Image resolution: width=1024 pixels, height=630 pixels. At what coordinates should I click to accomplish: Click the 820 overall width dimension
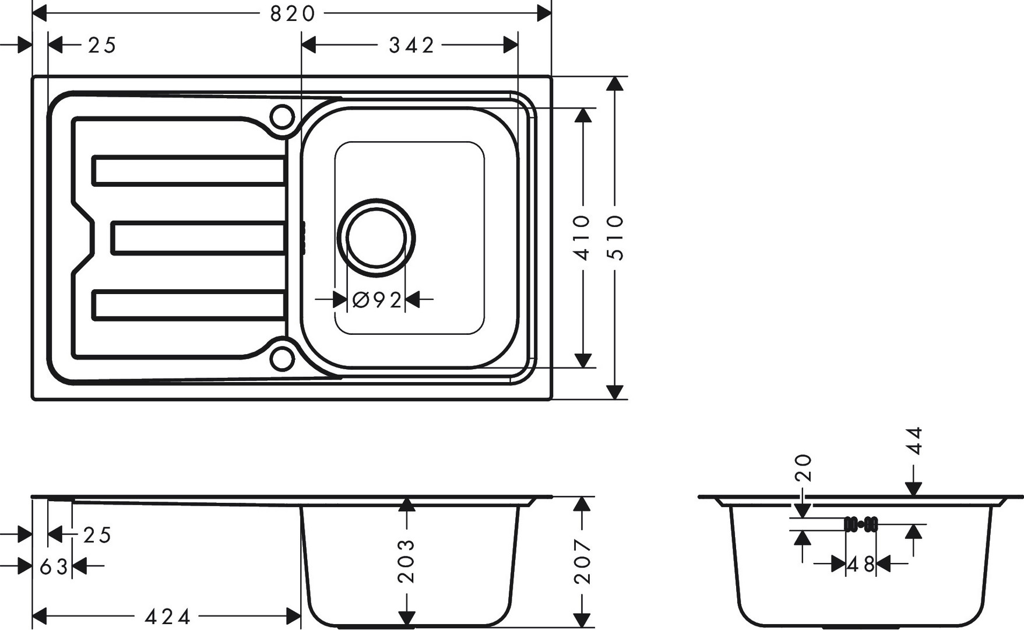click(x=293, y=13)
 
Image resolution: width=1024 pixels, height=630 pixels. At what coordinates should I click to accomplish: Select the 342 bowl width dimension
click(x=411, y=45)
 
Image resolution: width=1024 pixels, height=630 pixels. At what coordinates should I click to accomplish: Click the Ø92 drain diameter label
click(x=378, y=300)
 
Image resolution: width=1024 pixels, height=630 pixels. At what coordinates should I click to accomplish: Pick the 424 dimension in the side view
click(x=168, y=616)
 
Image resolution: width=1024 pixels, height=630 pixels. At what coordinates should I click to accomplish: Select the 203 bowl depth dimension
click(x=406, y=561)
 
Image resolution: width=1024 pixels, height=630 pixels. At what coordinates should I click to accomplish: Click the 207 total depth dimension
click(x=582, y=561)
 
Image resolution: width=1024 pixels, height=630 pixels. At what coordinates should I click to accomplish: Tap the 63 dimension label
click(x=54, y=566)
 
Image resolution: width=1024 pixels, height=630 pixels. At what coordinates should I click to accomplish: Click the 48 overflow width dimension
click(x=861, y=564)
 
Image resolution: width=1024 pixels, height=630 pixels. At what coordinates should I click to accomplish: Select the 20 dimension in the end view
click(x=803, y=467)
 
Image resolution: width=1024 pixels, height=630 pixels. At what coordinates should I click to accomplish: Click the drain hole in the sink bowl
click(x=376, y=237)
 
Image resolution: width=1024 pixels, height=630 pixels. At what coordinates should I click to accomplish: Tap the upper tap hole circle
click(x=281, y=117)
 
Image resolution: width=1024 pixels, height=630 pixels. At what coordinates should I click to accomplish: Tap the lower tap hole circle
click(x=281, y=358)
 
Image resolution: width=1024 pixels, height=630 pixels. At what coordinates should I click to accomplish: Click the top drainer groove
click(x=188, y=170)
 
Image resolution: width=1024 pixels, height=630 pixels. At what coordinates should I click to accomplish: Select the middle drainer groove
click(x=198, y=237)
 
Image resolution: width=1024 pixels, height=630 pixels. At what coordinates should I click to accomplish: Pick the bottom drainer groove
click(x=188, y=305)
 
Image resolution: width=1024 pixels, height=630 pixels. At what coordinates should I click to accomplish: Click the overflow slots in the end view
click(x=861, y=524)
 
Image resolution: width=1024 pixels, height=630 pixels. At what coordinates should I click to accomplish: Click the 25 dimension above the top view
click(x=102, y=45)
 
